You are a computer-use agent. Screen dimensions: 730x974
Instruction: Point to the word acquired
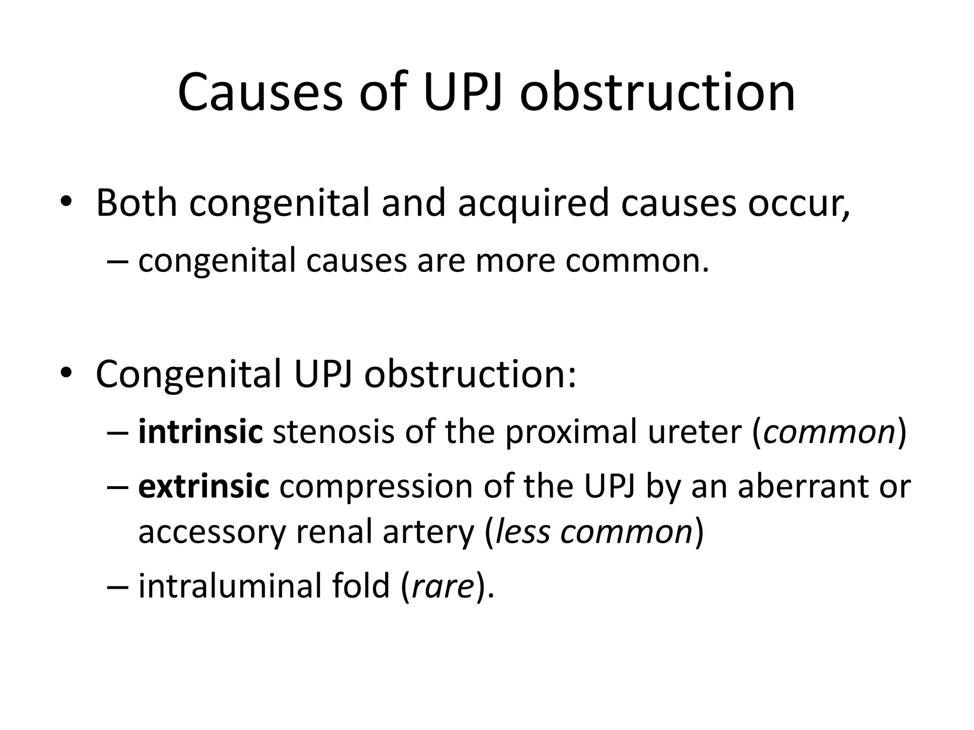point(533,203)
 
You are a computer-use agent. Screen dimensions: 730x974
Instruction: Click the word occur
point(797,203)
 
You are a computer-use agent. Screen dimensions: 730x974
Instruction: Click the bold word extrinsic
point(204,487)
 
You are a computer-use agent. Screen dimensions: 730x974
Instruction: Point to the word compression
point(376,487)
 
